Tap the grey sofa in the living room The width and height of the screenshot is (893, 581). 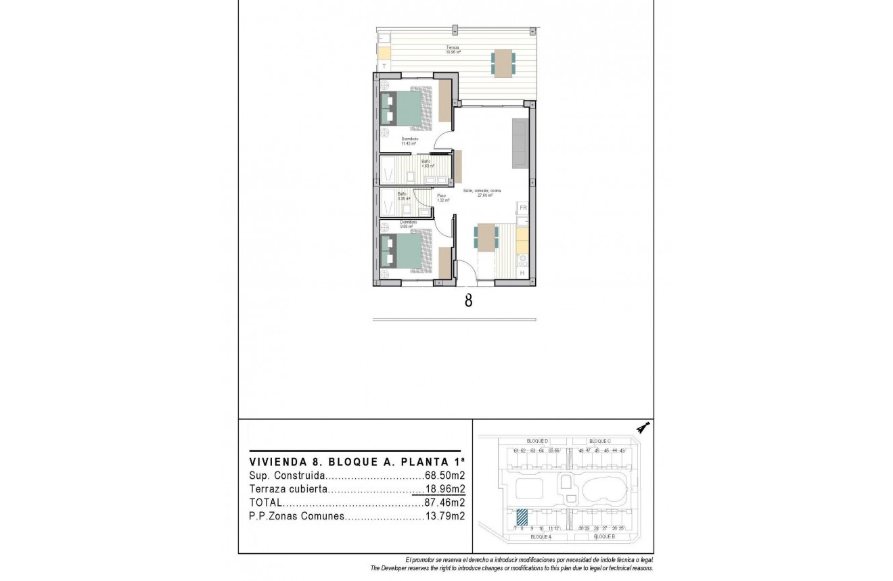tap(520, 143)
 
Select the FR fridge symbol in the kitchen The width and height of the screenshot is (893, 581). tap(522, 208)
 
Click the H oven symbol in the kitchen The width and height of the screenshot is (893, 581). tap(522, 273)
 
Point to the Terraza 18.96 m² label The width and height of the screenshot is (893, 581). tap(453, 49)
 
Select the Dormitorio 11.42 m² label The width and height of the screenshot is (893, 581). tap(409, 141)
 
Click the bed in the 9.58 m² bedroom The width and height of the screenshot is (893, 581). tap(406, 250)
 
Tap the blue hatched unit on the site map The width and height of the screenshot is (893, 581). tap(522, 517)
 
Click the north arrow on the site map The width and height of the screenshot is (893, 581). tap(643, 427)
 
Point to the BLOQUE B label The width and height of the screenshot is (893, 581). tap(603, 536)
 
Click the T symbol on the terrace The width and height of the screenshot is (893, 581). tap(384, 66)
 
